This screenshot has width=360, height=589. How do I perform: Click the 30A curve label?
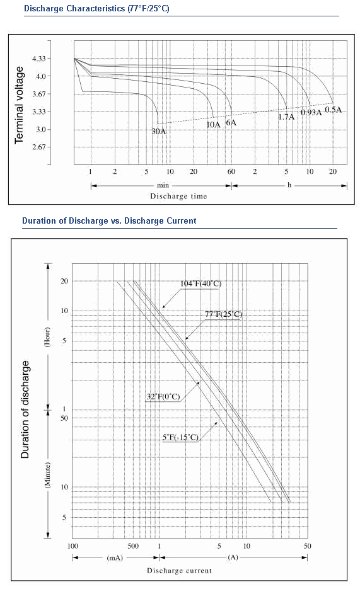pyautogui.click(x=159, y=132)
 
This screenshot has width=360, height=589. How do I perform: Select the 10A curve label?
pyautogui.click(x=213, y=124)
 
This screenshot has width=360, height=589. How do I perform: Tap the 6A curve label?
pyautogui.click(x=231, y=122)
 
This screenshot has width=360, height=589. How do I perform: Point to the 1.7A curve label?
pyautogui.click(x=286, y=117)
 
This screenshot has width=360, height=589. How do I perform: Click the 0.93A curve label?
pyautogui.click(x=311, y=112)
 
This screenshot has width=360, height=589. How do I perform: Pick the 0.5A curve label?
pyautogui.click(x=334, y=110)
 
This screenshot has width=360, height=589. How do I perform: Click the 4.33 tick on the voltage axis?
pyautogui.click(x=38, y=59)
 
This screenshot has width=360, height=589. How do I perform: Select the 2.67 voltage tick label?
pyautogui.click(x=38, y=147)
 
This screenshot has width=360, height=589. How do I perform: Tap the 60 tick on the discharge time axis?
pyautogui.click(x=231, y=172)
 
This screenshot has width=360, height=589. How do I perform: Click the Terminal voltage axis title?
pyautogui.click(x=19, y=105)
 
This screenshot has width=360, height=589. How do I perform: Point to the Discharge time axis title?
pyautogui.click(x=178, y=196)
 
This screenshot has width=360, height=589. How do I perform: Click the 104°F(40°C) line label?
pyautogui.click(x=200, y=283)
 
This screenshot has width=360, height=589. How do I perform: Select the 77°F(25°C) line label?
pyautogui.click(x=223, y=314)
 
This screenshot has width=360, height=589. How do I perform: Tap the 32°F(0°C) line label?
pyautogui.click(x=163, y=397)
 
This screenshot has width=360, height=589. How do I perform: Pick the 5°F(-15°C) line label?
pyautogui.click(x=180, y=437)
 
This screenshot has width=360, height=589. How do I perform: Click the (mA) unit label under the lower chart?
pyautogui.click(x=115, y=558)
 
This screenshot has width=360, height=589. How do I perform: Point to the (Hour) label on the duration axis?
pyautogui.click(x=47, y=337)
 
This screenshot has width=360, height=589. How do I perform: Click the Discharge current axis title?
pyautogui.click(x=179, y=571)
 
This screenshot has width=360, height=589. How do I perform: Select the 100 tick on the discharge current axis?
pyautogui.click(x=73, y=546)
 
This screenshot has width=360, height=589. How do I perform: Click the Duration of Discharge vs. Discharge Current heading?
pyautogui.click(x=109, y=221)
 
